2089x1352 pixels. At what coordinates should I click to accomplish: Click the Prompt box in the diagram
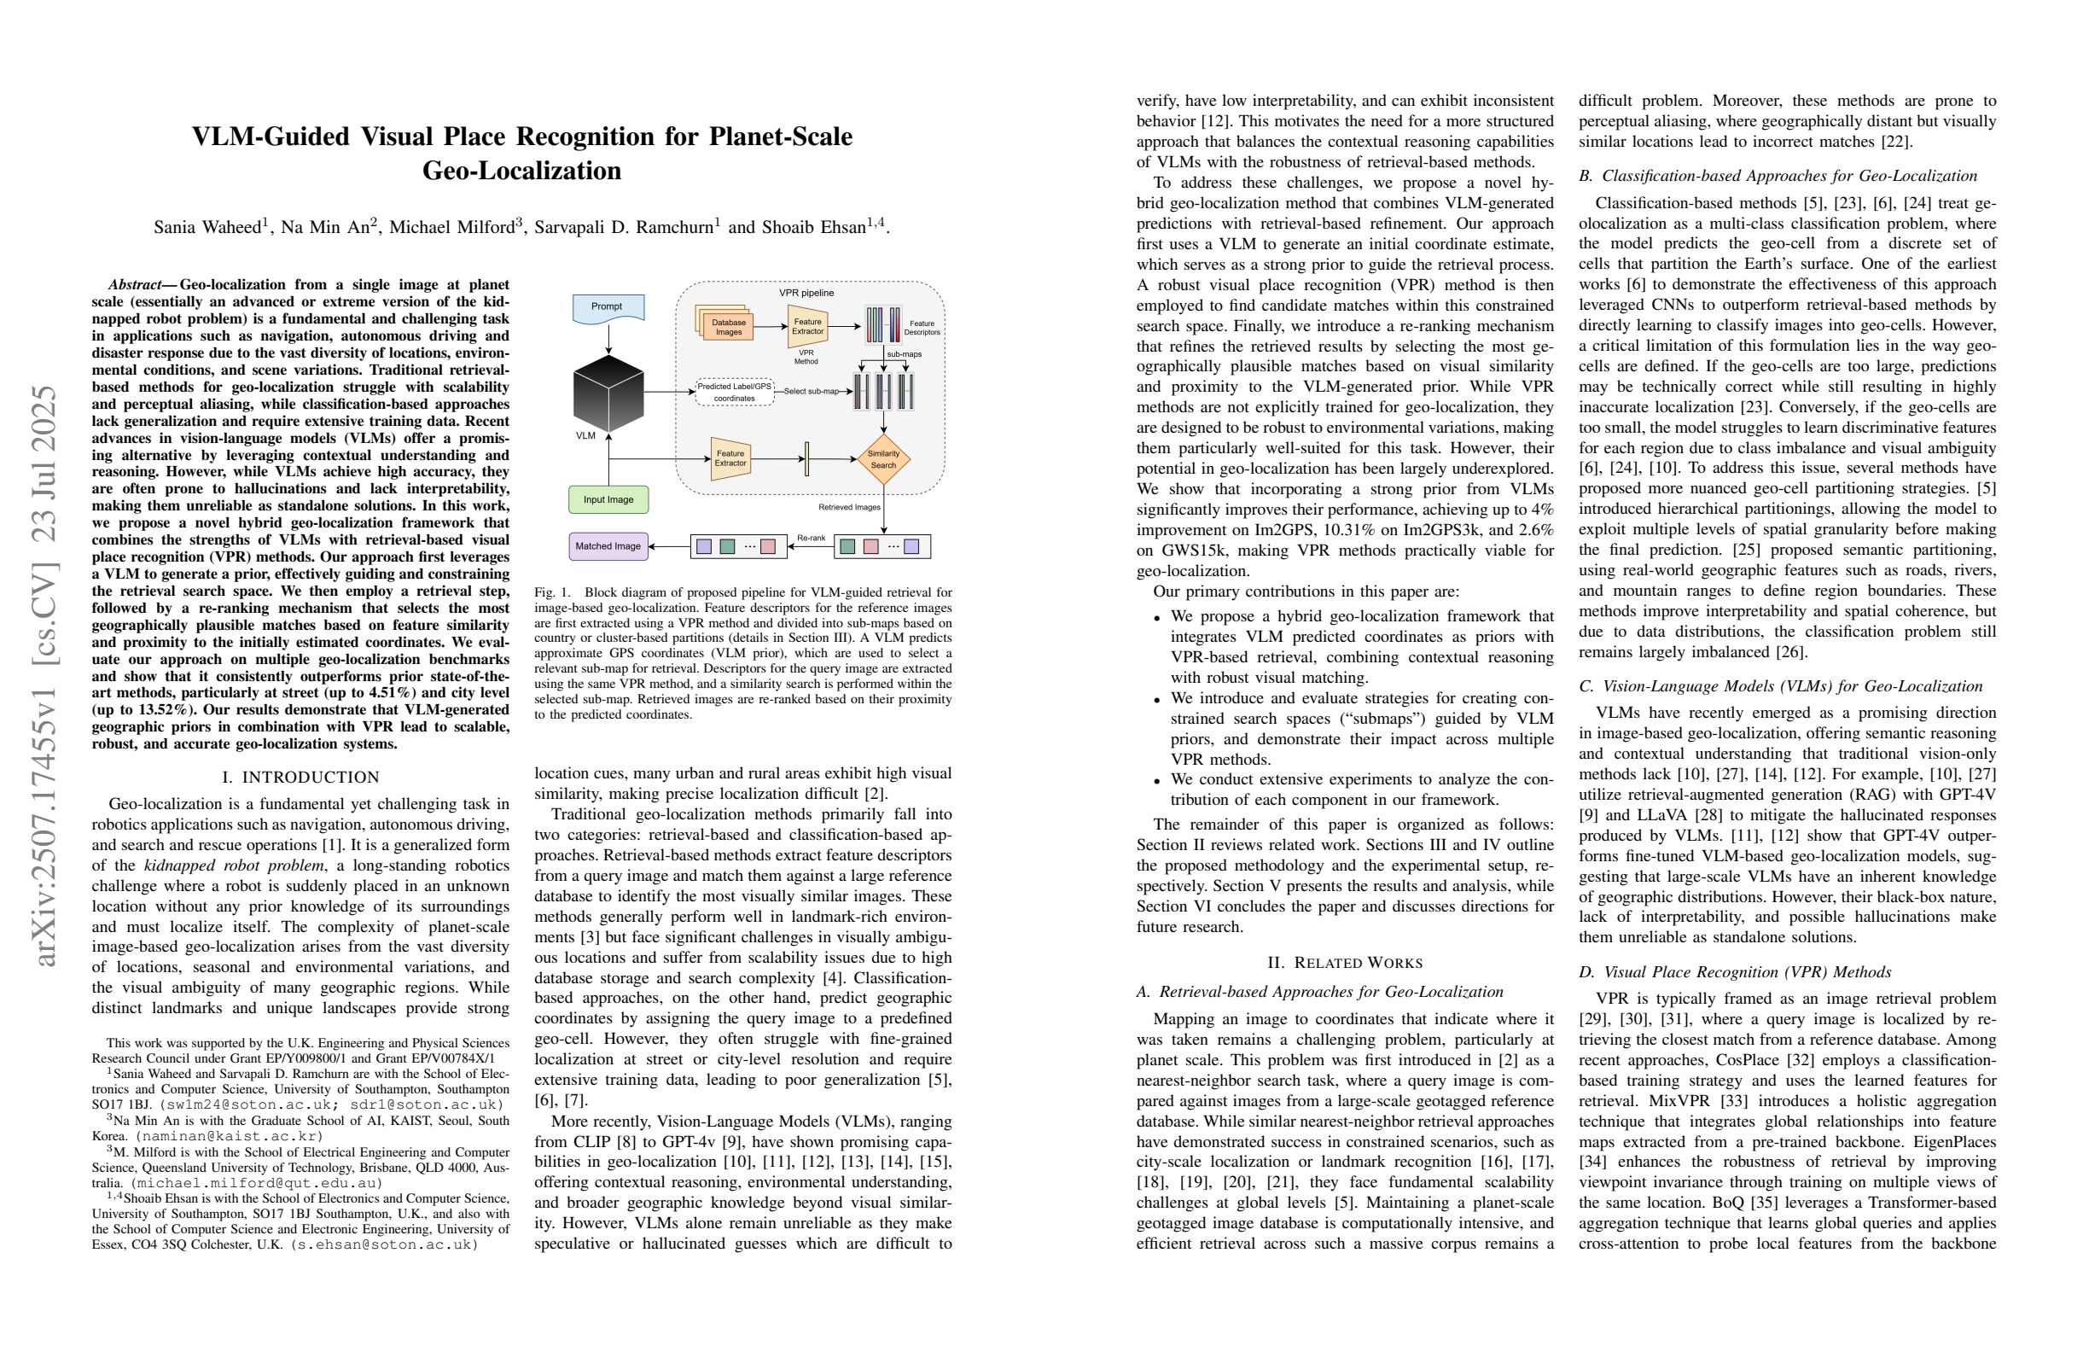coord(608,307)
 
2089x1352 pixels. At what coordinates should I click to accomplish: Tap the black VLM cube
coord(608,393)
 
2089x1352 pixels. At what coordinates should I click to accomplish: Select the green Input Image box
coord(608,499)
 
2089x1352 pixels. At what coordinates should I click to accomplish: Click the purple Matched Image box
coord(608,546)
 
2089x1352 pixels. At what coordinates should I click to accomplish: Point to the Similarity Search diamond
coord(883,459)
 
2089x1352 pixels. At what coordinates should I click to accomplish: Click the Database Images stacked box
coord(728,327)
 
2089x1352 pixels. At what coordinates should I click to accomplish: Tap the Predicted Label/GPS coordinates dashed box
coord(734,393)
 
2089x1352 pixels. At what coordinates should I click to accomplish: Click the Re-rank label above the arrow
coord(810,537)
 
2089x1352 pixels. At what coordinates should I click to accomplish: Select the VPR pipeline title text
coord(806,293)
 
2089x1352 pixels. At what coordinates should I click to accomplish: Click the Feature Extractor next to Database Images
coord(807,327)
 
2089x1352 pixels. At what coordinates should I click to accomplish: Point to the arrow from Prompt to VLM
coord(608,338)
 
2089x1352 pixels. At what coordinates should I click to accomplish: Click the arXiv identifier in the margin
coord(44,676)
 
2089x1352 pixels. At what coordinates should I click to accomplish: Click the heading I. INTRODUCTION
coord(301,777)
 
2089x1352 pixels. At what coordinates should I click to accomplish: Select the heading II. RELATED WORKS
coord(1345,962)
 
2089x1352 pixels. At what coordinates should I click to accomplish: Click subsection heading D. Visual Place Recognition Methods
coord(1734,972)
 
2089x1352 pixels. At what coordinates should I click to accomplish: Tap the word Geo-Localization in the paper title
coord(521,171)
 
